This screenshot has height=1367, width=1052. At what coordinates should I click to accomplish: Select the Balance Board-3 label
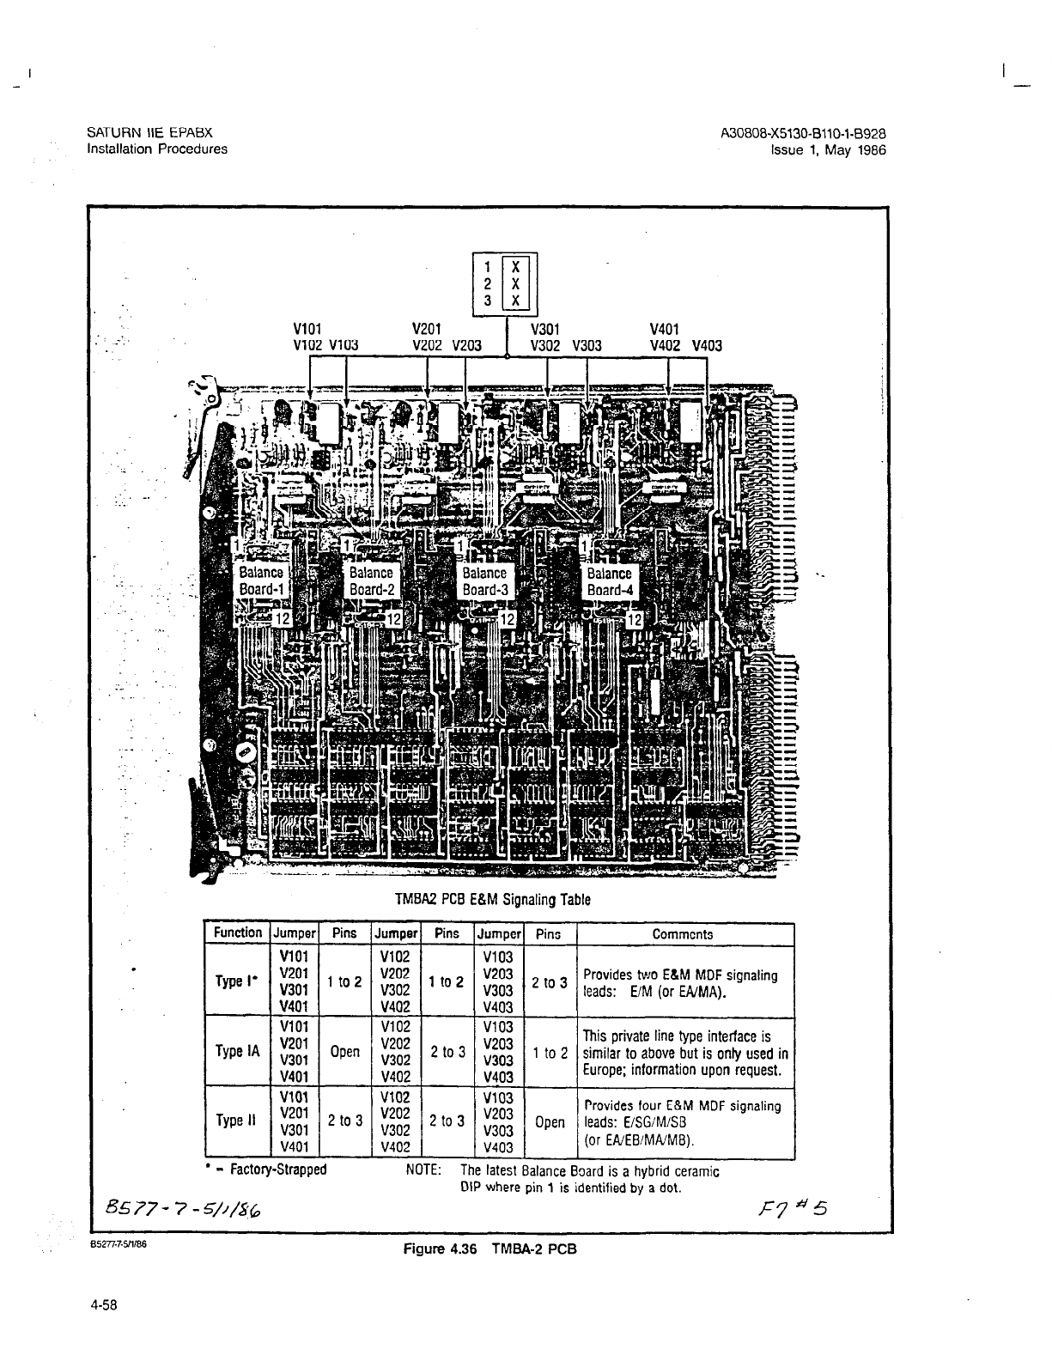[484, 581]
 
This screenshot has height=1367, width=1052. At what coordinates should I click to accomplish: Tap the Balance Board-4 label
[609, 581]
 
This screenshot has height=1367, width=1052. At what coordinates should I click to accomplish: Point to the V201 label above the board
[427, 328]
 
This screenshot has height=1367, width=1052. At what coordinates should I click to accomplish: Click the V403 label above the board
[707, 346]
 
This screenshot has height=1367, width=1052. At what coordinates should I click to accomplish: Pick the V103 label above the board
[344, 346]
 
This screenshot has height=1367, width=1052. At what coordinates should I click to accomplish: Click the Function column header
[238, 933]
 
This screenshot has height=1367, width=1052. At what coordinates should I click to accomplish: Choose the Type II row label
[236, 1121]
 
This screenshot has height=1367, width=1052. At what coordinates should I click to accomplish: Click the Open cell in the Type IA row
[344, 1051]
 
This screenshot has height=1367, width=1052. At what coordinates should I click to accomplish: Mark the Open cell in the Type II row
[550, 1122]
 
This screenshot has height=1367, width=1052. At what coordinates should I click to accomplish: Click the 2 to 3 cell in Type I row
[549, 982]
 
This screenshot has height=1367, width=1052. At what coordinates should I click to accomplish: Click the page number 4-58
[102, 1306]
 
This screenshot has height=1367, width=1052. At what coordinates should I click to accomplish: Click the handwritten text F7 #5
[794, 1209]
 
